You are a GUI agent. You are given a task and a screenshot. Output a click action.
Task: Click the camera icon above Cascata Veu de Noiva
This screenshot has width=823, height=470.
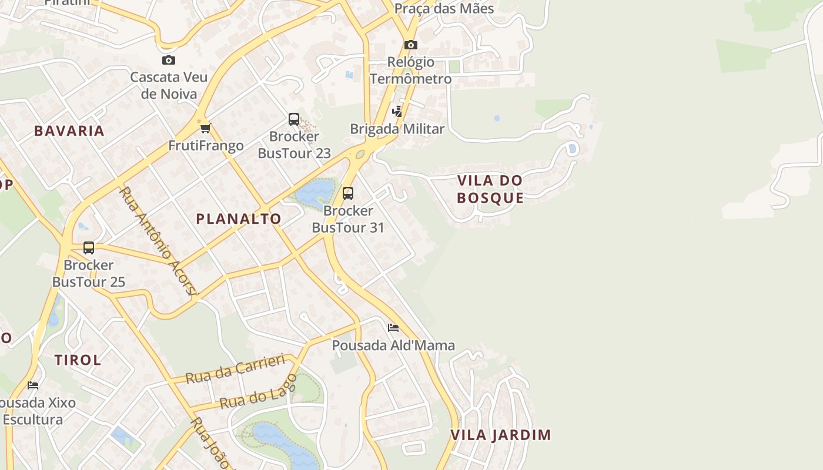(169, 60)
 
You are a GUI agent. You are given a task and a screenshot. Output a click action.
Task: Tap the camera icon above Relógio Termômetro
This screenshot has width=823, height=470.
(411, 45)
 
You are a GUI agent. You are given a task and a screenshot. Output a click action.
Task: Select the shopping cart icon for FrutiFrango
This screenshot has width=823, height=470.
(205, 128)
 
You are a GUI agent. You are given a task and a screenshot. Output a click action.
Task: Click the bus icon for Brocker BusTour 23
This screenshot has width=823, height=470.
(294, 119)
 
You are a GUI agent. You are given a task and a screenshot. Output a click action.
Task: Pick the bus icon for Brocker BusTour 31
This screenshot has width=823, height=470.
(348, 193)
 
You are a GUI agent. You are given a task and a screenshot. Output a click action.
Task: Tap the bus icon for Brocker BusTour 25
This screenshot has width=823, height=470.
(89, 248)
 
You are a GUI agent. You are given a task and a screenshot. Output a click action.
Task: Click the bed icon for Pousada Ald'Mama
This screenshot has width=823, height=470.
(393, 327)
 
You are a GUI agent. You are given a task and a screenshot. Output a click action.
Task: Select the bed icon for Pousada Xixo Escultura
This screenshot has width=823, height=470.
(33, 385)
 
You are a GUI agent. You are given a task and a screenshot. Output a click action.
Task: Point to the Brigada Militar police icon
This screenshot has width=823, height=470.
(397, 111)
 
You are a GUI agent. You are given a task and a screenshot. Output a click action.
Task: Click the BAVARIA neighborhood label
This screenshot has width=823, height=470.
(69, 131)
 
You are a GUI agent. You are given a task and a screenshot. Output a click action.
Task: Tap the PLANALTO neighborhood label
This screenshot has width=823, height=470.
(239, 219)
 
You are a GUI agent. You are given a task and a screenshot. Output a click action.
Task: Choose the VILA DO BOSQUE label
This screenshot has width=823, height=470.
(490, 189)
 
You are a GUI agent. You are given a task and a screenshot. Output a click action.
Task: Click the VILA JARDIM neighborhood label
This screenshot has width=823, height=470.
(501, 435)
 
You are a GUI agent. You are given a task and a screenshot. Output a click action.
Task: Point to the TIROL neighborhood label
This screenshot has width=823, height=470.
(78, 360)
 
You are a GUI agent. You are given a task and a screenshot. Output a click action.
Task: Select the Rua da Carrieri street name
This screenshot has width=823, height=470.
(236, 368)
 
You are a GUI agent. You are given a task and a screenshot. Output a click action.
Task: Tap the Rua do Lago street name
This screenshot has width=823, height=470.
(259, 391)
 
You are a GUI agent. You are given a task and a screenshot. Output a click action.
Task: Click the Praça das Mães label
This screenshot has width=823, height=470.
(444, 9)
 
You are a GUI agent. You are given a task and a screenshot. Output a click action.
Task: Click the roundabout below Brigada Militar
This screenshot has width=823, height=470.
(360, 155)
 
